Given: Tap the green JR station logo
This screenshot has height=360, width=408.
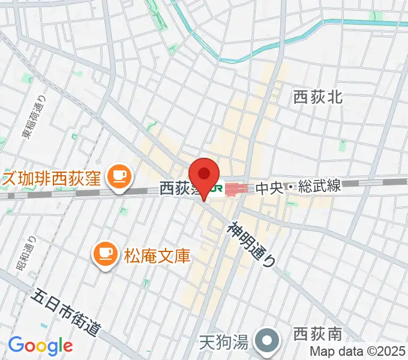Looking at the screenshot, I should pyautogui.click(x=216, y=188).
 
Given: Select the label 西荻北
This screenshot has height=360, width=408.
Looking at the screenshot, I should pyautogui.click(x=317, y=97).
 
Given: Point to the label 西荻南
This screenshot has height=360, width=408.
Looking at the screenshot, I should pyautogui.click(x=317, y=334).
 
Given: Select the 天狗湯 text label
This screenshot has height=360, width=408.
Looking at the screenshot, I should pyautogui.click(x=223, y=343).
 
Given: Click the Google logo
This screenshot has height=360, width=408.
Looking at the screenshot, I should pyautogui.click(x=40, y=345).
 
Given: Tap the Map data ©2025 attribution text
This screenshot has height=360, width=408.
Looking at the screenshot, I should pyautogui.click(x=358, y=351).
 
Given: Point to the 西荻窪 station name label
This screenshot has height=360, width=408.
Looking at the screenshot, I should pyautogui.click(x=177, y=189).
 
